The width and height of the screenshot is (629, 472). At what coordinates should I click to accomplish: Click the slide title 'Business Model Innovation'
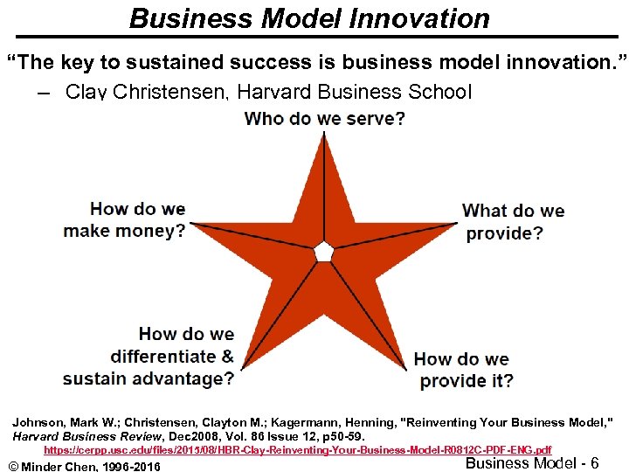pos(309,17)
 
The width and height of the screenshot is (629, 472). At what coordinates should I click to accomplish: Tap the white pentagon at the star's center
pos(324,251)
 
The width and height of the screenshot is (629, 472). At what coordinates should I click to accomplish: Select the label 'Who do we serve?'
pos(324,118)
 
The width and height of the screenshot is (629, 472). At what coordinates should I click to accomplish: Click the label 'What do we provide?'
pos(513,222)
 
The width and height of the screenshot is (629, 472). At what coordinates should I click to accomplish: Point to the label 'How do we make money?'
pos(124,219)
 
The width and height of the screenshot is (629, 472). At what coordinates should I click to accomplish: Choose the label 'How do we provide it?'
pos(464,370)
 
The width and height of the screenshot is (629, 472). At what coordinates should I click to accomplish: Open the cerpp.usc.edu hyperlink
pos(297,449)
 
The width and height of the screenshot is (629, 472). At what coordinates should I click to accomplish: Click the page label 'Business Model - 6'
pos(532,463)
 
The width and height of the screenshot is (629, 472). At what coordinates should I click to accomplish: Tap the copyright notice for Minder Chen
pos(84,465)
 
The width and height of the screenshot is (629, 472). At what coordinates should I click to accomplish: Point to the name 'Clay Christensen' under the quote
pos(142,91)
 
